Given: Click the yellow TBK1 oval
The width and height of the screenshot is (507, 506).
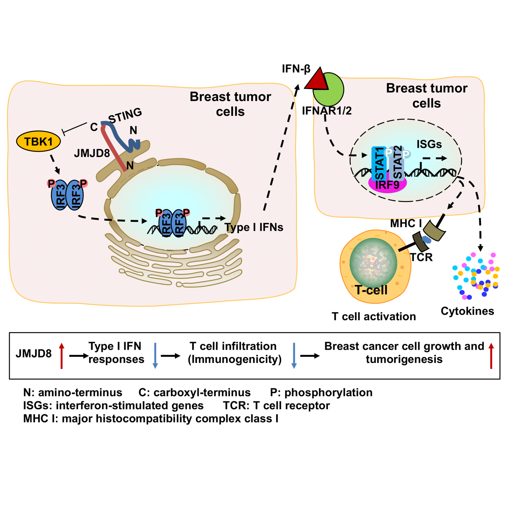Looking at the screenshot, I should click(x=38, y=141).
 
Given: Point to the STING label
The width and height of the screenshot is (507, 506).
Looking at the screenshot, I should click(x=125, y=116).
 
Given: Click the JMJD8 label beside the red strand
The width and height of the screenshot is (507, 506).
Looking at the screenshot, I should click(x=92, y=153).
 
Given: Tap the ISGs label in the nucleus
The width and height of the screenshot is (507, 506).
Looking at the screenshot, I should click(x=429, y=144).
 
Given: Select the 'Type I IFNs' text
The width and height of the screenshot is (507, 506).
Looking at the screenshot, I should click(x=254, y=227).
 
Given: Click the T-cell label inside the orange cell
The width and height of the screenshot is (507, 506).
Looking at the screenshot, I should click(x=371, y=290).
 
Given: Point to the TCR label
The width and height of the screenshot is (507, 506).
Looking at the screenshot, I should click(x=422, y=257).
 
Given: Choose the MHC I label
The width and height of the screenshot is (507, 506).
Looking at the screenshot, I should click(x=403, y=223).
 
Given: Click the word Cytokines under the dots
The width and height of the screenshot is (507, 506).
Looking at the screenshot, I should click(x=467, y=311).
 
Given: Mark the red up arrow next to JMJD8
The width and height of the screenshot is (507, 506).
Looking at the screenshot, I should click(x=62, y=355).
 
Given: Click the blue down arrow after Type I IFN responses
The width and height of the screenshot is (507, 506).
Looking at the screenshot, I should click(x=155, y=355).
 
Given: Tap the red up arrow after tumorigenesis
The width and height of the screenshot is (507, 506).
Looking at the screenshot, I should click(x=491, y=355).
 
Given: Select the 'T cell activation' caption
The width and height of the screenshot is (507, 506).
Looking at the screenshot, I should click(x=374, y=317).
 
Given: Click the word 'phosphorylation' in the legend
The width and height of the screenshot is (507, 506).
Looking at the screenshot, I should click(x=328, y=392).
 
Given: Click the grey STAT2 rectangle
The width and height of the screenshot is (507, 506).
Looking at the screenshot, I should click(x=396, y=163).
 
